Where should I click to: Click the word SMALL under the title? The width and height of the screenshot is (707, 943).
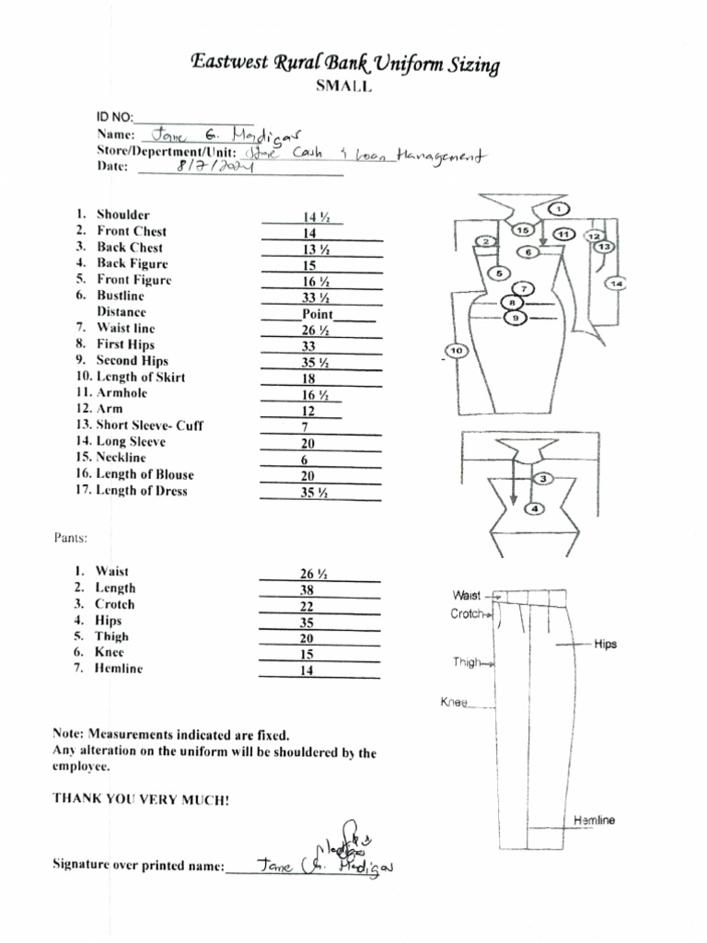(345, 87)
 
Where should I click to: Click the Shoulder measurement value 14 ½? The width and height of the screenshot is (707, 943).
(316, 217)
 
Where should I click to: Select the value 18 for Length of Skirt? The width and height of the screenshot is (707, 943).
(309, 378)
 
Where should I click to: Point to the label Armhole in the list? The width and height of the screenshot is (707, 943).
(122, 393)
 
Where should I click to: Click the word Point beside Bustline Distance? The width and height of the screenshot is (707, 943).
(318, 314)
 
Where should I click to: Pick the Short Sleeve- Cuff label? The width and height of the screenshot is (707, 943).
(150, 425)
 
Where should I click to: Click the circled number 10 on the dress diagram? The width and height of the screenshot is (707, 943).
(458, 351)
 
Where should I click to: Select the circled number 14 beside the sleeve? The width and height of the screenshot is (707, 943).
(615, 284)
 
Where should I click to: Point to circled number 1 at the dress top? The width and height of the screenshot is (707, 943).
(560, 210)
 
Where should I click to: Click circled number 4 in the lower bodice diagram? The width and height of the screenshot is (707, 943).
(537, 508)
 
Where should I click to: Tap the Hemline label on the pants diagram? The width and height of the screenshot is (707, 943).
(594, 821)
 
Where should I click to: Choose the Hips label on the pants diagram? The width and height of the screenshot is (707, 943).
(605, 645)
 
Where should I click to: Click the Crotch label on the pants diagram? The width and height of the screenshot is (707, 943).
(467, 614)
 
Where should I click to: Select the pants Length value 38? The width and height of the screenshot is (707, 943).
(307, 590)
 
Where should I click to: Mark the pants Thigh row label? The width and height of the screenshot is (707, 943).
(111, 636)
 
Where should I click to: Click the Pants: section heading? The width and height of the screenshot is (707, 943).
(70, 537)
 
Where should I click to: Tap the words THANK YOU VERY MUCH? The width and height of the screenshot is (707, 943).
(141, 799)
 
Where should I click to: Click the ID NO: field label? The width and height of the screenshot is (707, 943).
(115, 118)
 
